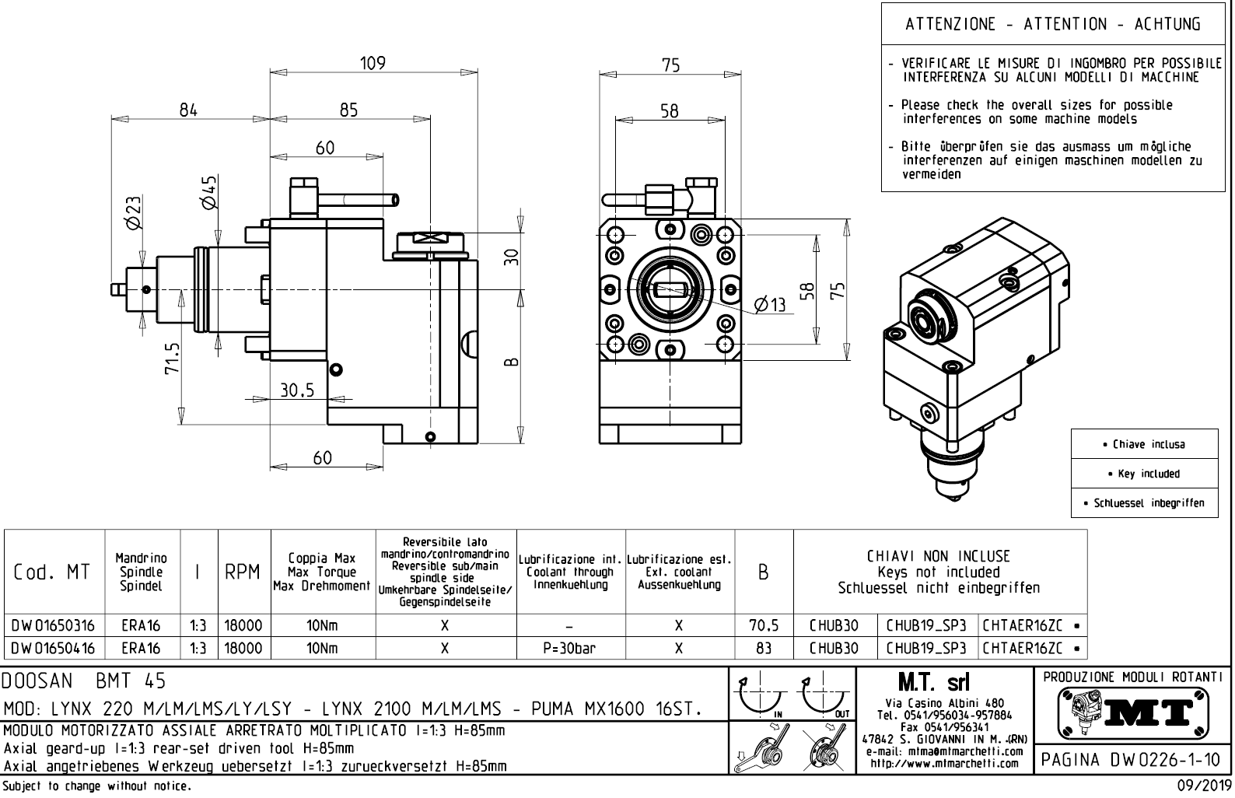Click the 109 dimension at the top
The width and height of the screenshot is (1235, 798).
tap(373, 64)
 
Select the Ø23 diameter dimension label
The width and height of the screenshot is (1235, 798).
tap(134, 212)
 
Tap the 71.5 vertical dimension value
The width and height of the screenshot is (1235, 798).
tap(173, 358)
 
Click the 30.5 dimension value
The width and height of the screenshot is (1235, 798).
tap(297, 390)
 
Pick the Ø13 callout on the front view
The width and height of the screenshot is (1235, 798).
tap(770, 305)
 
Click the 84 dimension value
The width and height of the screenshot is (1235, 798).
tap(188, 110)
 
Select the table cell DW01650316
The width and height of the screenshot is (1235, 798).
tap(54, 625)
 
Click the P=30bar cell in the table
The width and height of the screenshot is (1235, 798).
tap(571, 648)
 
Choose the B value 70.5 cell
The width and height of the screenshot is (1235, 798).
tap(763, 625)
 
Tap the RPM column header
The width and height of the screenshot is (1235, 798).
tap(243, 572)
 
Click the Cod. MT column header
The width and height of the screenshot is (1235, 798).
tap(52, 572)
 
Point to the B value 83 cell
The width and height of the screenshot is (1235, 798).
tap(763, 648)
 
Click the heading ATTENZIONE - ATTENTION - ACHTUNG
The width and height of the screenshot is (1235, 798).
tap(1052, 24)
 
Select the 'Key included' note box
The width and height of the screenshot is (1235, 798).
tap(1143, 474)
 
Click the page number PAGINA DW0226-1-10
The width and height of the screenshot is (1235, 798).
tap(1128, 758)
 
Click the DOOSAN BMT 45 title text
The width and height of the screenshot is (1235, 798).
tap(84, 681)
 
